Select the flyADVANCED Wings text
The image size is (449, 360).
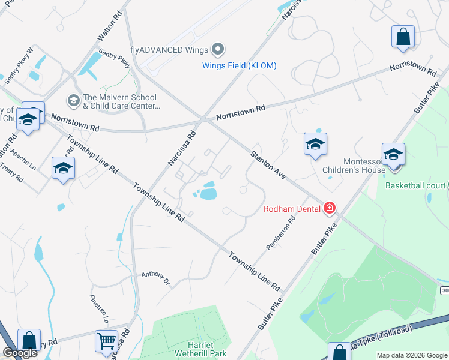[169, 50]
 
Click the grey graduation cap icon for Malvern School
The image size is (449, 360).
[74, 99]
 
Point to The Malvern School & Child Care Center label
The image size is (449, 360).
[121, 101]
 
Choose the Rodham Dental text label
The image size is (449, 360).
[291, 209]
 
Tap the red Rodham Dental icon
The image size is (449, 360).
[329, 208]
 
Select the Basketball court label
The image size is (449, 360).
[416, 185]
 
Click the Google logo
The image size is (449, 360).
[20, 353]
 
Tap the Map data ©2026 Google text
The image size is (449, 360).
[412, 355]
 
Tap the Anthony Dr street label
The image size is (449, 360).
[155, 277]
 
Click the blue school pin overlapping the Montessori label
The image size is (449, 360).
[393, 155]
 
